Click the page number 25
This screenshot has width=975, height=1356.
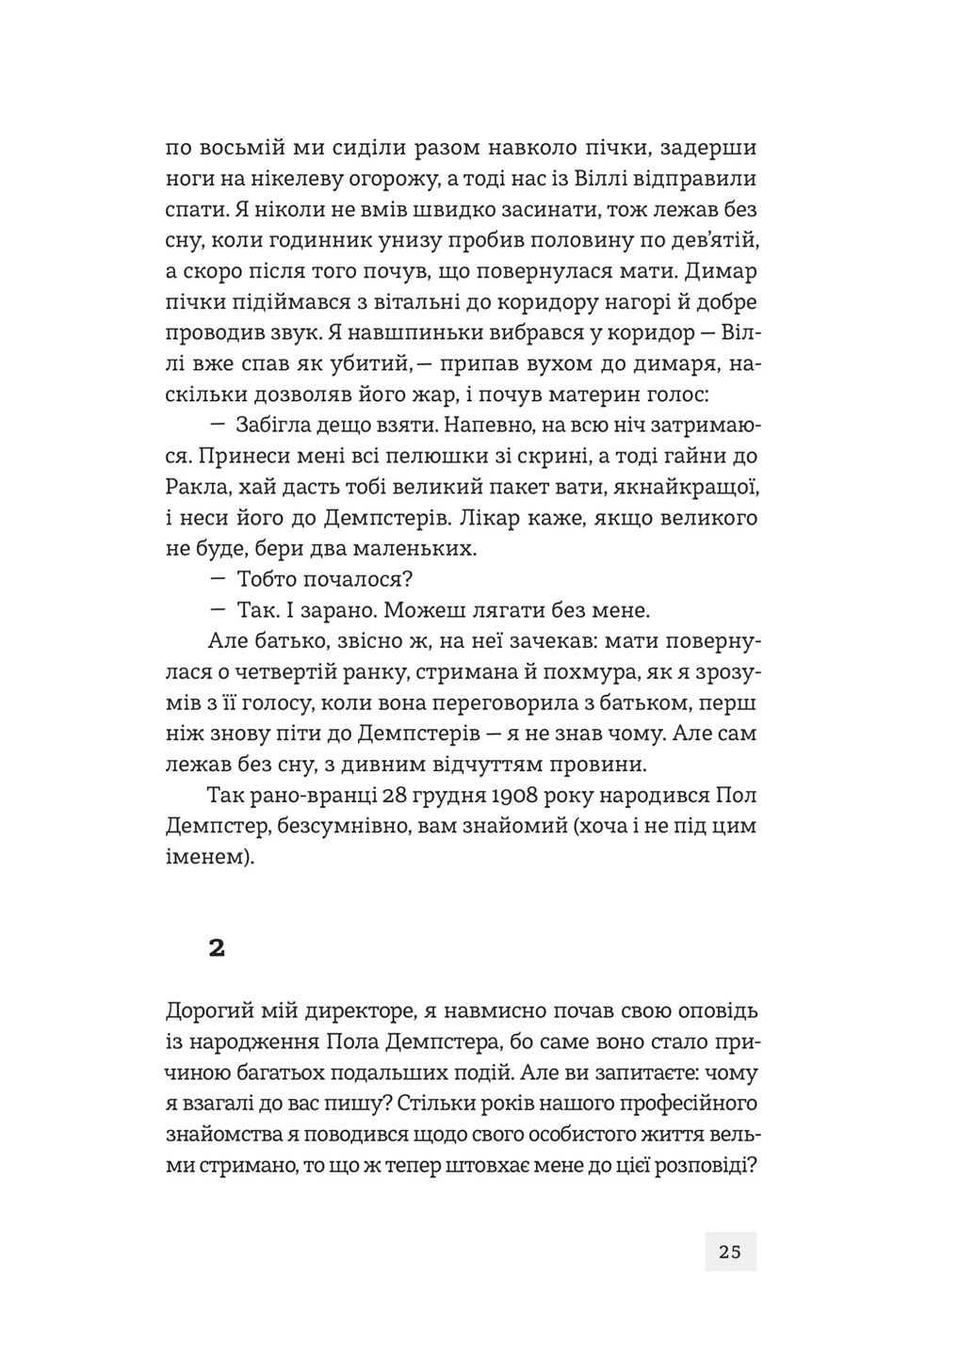pos(730,1251)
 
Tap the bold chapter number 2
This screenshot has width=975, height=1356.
pos(217,948)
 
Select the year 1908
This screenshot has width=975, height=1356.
pos(515,795)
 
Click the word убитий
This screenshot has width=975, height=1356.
pos(367,363)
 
